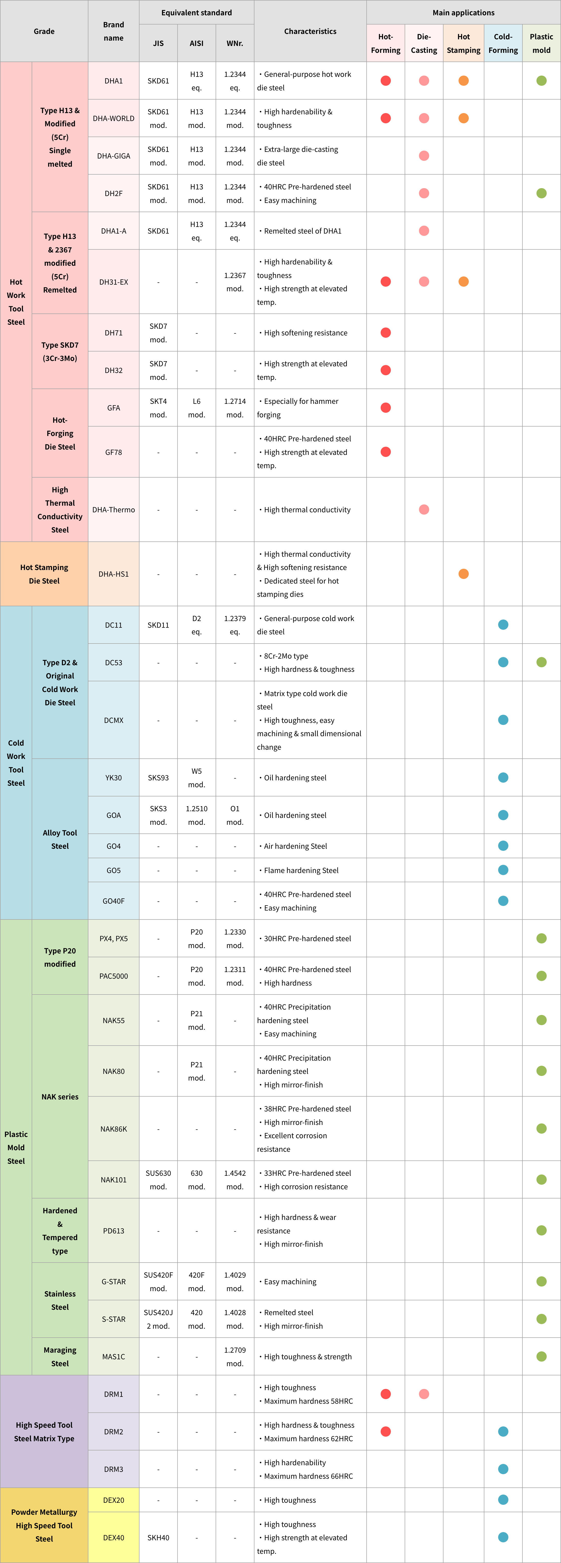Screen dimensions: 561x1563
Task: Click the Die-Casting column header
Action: pos(424,43)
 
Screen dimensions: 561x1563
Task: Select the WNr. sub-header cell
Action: pos(235,43)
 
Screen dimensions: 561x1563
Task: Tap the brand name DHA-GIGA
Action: pos(113,156)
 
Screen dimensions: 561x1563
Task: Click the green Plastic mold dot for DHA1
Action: pos(542,81)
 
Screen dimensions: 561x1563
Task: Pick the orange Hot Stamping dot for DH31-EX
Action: pos(464,282)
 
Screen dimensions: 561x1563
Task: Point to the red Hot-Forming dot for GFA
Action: pos(385,408)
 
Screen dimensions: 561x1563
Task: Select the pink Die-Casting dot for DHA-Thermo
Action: pos(424,510)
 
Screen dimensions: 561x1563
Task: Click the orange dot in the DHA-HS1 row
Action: pos(464,574)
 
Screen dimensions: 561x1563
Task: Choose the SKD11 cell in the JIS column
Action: pos(158,625)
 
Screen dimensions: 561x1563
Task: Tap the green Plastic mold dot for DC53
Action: pos(542,663)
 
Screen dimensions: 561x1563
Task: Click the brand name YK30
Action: pos(113,778)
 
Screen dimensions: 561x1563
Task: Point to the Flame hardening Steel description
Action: pos(301,870)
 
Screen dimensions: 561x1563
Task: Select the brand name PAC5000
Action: pos(113,976)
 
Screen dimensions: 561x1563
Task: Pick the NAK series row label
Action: pos(60,1096)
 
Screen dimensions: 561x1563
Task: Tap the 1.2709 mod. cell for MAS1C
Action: pos(235,1357)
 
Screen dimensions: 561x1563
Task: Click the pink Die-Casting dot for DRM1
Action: pos(424,1394)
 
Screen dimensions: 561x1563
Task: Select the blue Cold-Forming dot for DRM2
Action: pos(503,1432)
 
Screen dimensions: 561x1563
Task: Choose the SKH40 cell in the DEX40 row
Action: pos(158,1537)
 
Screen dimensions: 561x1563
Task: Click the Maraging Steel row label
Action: pos(60,1357)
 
